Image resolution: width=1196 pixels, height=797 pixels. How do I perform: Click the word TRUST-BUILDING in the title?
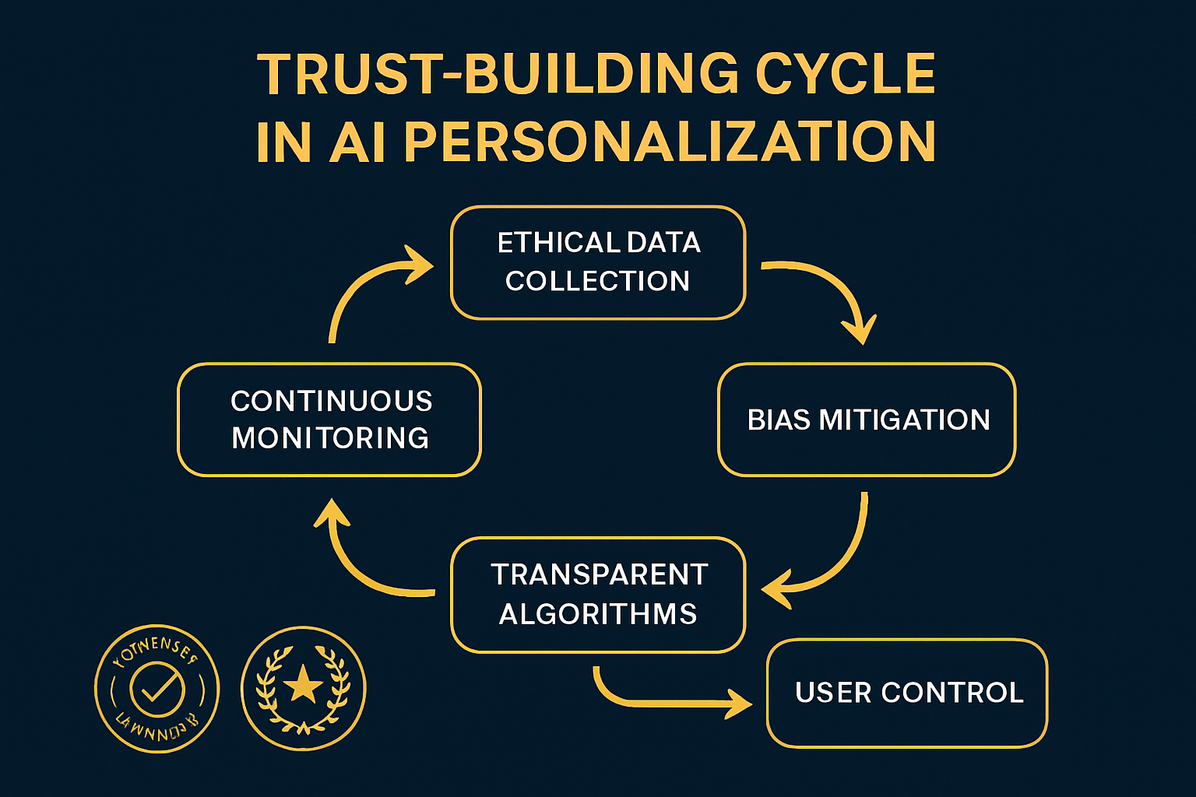(x=498, y=75)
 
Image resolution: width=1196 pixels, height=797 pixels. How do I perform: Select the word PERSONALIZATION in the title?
(x=670, y=142)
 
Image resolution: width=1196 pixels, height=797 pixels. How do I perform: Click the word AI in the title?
(x=358, y=142)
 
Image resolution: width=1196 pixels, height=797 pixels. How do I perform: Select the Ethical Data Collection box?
(x=598, y=262)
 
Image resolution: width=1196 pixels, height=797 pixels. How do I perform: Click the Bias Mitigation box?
(x=867, y=420)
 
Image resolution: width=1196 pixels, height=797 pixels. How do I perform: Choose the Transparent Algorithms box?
(x=598, y=594)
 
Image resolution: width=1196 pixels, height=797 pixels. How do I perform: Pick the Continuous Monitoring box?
(x=329, y=420)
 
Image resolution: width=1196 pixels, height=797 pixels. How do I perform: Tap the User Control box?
(x=907, y=693)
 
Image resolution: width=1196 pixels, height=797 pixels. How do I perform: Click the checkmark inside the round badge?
(x=157, y=688)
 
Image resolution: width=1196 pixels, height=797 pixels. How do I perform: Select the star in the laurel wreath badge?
(x=304, y=686)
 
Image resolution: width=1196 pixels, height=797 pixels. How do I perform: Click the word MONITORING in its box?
(x=330, y=438)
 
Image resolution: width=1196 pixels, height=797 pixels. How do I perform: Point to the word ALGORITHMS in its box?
(x=598, y=614)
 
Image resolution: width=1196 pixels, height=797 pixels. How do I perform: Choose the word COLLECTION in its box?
(x=598, y=281)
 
